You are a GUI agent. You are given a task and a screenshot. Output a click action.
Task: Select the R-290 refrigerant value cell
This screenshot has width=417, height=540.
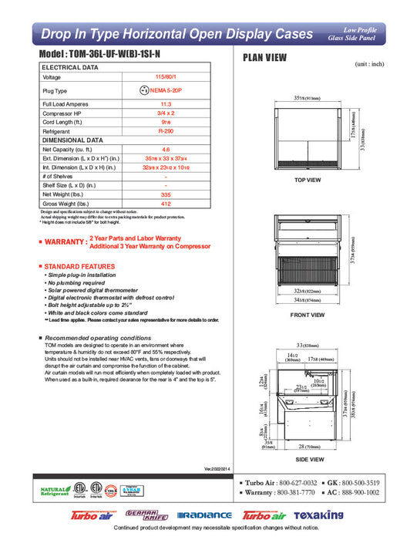coord(165,132)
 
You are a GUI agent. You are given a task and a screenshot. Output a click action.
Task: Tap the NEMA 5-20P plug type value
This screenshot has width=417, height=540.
coord(165,90)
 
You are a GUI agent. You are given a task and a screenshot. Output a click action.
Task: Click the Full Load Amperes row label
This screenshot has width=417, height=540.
coord(64,103)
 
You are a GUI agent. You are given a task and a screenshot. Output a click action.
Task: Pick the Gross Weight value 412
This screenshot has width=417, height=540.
coord(165,204)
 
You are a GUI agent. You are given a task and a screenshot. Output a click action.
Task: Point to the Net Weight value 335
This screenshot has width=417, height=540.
coord(165,195)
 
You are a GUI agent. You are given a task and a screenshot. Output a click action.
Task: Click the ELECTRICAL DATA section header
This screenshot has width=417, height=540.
coord(69,68)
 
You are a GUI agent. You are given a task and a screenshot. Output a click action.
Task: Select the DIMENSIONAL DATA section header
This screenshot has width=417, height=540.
coord(72,140)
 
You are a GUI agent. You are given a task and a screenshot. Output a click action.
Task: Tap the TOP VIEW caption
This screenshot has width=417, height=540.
coord(308,180)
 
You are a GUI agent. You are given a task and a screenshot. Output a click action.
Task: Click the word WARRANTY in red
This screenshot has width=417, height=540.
coord(65,241)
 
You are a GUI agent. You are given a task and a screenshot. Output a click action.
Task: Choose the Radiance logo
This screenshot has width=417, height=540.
coord(203,515)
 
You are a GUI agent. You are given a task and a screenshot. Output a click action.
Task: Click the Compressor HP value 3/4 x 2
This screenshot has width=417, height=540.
coord(165,114)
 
